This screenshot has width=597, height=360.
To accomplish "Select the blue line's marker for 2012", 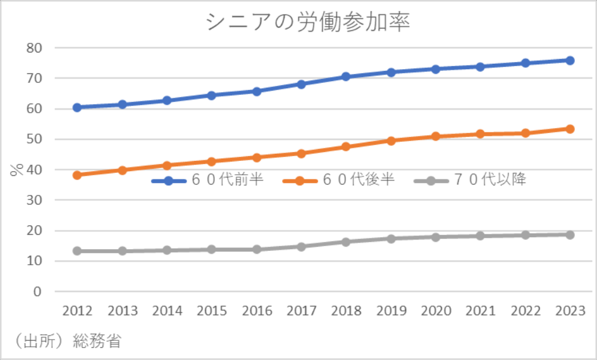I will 78,107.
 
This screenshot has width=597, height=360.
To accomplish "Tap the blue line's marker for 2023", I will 570,60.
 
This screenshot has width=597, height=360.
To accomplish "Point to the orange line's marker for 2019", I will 391,141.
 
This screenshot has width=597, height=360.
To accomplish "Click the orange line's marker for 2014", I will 167,165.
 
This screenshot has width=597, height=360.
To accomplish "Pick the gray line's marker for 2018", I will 346,242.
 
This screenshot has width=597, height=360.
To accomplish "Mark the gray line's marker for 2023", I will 570,235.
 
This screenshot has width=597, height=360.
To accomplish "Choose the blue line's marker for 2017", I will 301,84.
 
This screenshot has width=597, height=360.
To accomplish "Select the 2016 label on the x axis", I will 256,311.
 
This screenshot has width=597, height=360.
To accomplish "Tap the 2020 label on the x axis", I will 435,311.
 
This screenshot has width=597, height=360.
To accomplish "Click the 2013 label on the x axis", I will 122,311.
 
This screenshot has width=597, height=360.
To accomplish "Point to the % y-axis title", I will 16,169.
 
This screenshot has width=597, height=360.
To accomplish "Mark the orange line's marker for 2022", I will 525,133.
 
